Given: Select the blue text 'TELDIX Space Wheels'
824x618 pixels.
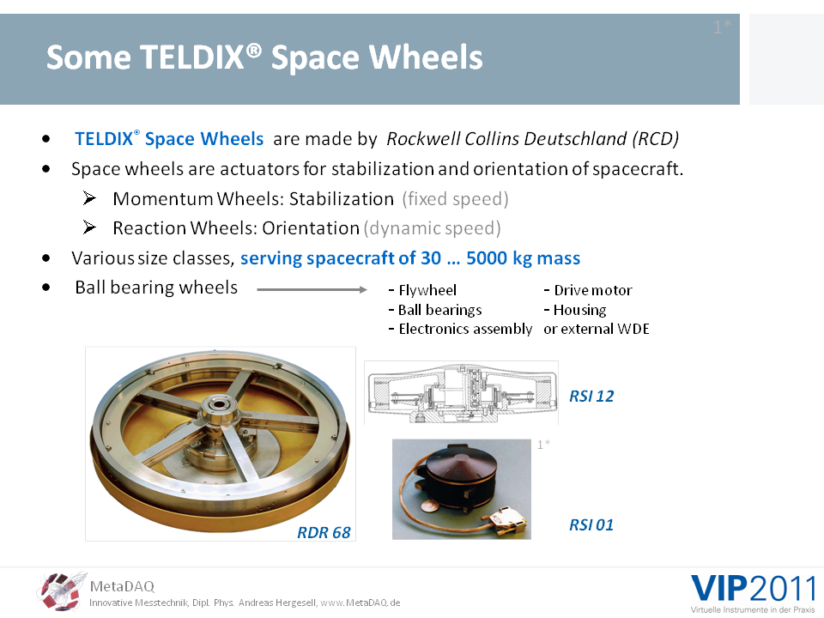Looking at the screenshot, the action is (x=169, y=139).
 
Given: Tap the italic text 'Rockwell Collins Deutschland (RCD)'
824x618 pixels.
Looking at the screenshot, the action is (x=533, y=139).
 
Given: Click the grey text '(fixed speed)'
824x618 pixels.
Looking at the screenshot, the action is (x=455, y=199).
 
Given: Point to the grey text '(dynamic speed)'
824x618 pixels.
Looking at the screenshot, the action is (x=432, y=228).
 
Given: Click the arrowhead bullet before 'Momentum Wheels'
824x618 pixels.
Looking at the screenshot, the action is (x=89, y=198).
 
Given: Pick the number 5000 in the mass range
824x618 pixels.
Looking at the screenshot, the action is (x=487, y=258).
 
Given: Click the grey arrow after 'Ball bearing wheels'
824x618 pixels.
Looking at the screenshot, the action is (x=312, y=289).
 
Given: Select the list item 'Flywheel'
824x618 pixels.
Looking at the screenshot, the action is (x=422, y=290).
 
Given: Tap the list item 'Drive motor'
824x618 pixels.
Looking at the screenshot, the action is (x=588, y=290).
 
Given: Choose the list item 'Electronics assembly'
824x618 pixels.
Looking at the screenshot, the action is (x=460, y=329).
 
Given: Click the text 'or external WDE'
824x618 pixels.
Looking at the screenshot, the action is (x=597, y=329).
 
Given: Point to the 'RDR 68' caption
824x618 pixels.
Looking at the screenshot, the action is (x=324, y=532).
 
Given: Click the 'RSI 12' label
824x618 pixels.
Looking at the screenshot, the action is (x=591, y=396).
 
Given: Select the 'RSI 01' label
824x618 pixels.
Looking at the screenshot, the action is (x=591, y=524).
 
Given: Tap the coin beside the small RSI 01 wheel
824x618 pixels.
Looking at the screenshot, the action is (x=429, y=506).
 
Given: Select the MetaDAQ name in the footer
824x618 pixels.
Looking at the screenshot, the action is (x=122, y=586).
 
